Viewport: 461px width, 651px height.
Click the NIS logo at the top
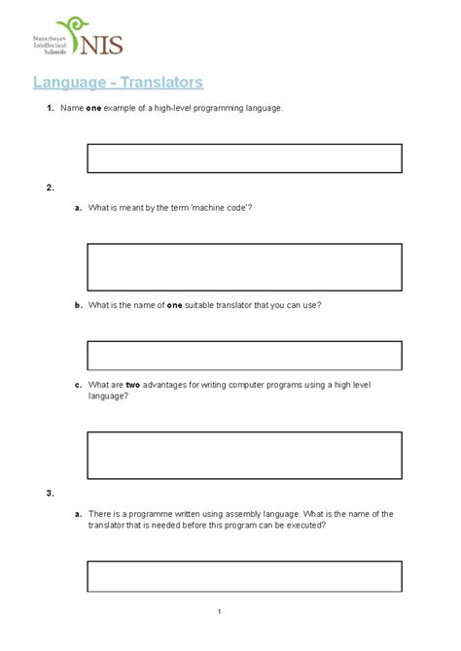tap(89, 38)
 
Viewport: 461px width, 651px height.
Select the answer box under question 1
tap(244, 157)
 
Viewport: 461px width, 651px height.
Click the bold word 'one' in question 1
tap(94, 108)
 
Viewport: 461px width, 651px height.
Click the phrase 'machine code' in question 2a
tap(220, 208)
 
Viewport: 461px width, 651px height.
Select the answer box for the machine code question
tap(244, 267)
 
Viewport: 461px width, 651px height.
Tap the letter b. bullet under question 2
tap(77, 305)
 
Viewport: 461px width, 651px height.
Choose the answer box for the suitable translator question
tap(244, 355)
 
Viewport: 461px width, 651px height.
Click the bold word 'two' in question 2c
tap(134, 386)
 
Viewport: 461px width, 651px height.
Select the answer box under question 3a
tap(244, 575)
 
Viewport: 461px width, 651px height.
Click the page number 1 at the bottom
tap(222, 611)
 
